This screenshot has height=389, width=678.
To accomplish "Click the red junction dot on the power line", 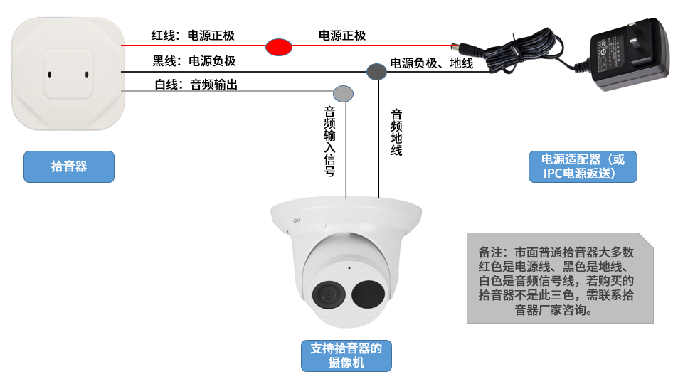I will point(279,47).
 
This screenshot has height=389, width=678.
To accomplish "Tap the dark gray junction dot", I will point(376,71).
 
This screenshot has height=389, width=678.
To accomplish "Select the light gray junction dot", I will point(343,92).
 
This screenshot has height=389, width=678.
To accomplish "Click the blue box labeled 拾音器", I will point(69,166).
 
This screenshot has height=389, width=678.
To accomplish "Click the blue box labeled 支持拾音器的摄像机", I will point(346,356).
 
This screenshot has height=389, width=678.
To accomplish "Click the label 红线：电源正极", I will point(193,36).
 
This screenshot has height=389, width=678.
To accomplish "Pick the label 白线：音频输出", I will point(196,85).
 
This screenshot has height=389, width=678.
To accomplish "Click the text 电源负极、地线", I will point(432,63).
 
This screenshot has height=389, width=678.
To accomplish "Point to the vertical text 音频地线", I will point(397,132).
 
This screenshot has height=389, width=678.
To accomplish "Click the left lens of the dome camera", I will point(328,292).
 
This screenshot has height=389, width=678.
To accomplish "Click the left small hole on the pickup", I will point(49,74).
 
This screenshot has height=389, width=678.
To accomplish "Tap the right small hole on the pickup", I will point(87,74).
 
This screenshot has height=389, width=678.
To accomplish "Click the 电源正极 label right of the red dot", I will point(342,36).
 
